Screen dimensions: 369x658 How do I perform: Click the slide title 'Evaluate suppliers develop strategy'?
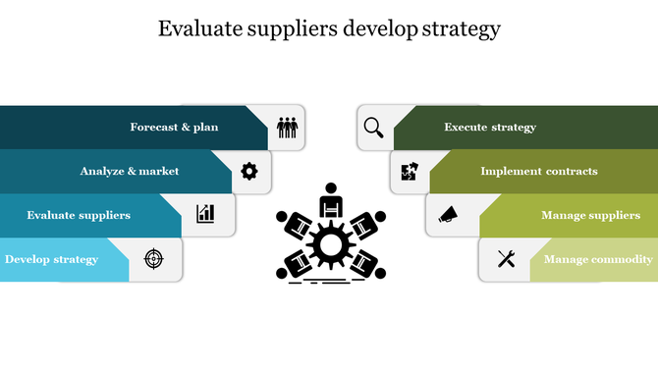tap(329, 28)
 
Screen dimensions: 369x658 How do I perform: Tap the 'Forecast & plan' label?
tap(174, 127)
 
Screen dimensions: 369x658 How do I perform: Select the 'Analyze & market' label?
tap(130, 171)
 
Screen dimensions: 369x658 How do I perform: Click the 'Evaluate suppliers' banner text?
tap(79, 215)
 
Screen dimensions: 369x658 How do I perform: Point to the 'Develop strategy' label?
tap(51, 259)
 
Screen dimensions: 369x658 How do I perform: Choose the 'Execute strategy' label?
tap(490, 127)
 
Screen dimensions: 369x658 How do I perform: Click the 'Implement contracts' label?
tap(538, 171)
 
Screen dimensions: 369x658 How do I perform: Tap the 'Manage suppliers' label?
tap(590, 215)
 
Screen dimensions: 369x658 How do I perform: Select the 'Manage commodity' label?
tap(598, 259)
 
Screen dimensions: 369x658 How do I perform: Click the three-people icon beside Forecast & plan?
tap(287, 128)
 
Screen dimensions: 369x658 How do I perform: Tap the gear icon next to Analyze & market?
tap(249, 172)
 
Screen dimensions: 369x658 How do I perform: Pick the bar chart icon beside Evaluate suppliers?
tap(205, 213)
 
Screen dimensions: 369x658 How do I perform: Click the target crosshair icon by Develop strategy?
tap(153, 258)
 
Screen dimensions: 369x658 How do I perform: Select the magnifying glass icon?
tap(373, 127)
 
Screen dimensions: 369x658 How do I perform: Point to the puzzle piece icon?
tap(410, 171)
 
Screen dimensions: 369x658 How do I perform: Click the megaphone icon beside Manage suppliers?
tap(447, 214)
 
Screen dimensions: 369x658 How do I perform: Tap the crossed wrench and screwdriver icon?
tap(506, 259)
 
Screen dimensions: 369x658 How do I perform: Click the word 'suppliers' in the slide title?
tap(293, 28)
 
